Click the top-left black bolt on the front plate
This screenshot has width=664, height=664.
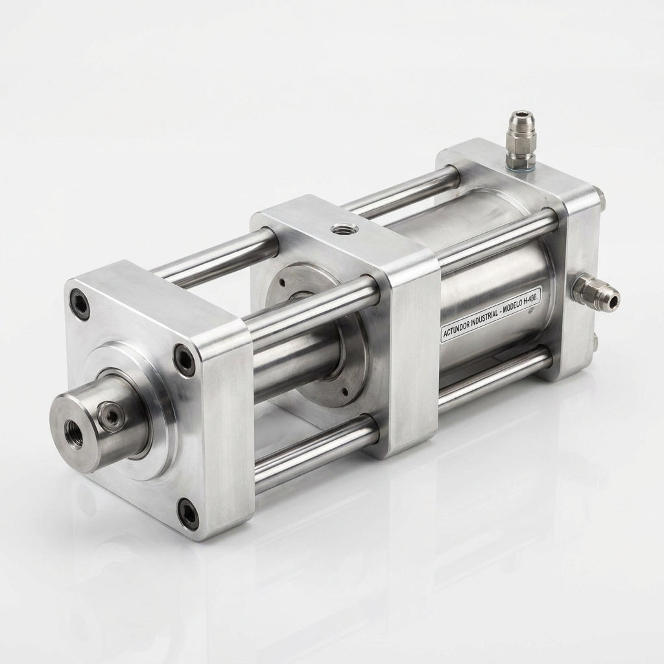click(x=80, y=302)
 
